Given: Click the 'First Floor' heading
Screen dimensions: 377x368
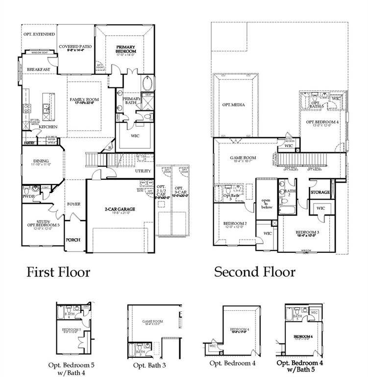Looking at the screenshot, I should click(58, 271).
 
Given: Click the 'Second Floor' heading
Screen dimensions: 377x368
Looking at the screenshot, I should click(255, 271).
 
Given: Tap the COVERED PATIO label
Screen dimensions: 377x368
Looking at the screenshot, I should click(75, 48).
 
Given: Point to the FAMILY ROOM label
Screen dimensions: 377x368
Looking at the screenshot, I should click(84, 101).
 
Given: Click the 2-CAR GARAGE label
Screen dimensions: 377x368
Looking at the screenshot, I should click(120, 209).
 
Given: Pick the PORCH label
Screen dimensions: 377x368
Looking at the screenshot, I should click(73, 240).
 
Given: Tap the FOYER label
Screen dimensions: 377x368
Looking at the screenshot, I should click(74, 204).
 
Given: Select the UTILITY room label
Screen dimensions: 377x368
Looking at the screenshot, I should click(143, 171).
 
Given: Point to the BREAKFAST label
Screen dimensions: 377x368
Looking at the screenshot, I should click(39, 70).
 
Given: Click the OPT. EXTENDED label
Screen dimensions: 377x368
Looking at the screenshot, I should click(39, 34).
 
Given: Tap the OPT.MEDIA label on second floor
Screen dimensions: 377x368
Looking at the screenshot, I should click(233, 105).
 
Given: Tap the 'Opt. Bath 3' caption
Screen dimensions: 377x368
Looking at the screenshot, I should click(149, 365).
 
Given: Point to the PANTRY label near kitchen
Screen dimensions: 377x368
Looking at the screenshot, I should click(29, 143).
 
